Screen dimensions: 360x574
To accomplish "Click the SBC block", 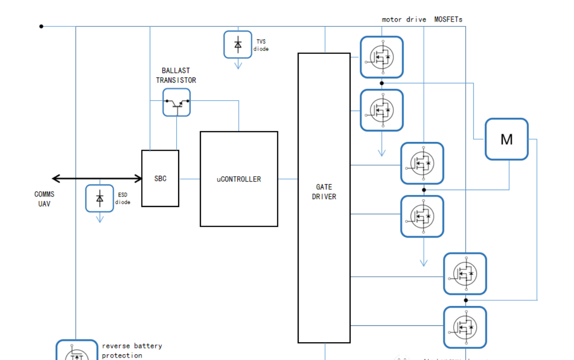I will [x=160, y=179].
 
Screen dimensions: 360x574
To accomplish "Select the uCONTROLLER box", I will [x=239, y=179].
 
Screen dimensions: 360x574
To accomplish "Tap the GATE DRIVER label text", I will [x=324, y=192].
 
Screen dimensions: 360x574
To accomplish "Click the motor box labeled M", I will [x=507, y=139].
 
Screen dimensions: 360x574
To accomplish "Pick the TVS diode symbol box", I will [x=238, y=44].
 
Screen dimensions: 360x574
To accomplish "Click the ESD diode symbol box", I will [x=100, y=198].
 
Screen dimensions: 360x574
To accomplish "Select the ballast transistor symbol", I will [x=176, y=102].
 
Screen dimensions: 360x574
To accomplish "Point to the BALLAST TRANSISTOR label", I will [x=176, y=76].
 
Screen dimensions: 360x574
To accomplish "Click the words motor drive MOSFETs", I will [x=422, y=20].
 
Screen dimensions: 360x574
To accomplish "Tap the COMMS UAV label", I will [x=44, y=199].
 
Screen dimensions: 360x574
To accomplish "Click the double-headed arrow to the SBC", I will [x=97, y=179].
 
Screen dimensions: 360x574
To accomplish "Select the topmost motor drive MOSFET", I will [x=382, y=57].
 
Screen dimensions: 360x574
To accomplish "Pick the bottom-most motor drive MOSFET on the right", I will [x=465, y=327].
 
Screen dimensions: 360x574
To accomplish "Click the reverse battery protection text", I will [x=131, y=350].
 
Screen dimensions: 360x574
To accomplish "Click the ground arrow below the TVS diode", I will [x=238, y=65].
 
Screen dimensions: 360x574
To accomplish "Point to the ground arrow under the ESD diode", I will [x=100, y=219].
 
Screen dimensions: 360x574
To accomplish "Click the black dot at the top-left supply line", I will [x=41, y=26].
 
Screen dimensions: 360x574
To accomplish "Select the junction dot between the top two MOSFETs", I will [x=382, y=83].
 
